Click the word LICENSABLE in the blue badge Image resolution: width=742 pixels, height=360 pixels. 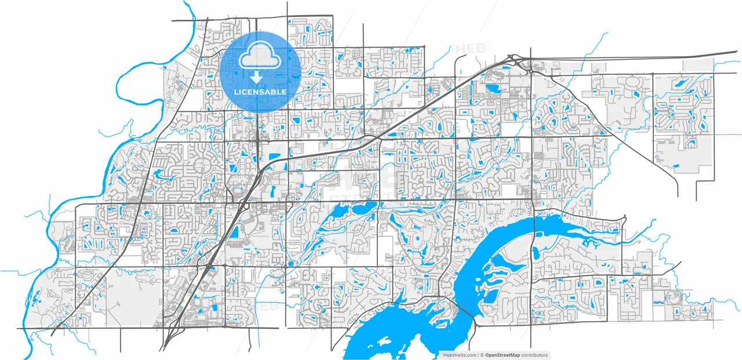coord(260,92)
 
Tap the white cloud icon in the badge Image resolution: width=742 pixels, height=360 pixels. coord(260,58)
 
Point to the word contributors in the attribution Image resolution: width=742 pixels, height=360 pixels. coord(534,355)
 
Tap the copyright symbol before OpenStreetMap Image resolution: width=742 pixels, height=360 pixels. coord(481,355)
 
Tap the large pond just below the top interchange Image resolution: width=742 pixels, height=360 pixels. coord(494,89)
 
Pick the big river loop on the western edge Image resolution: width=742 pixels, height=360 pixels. coord(125,87)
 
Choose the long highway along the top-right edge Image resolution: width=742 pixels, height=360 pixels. coord(638,57)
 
